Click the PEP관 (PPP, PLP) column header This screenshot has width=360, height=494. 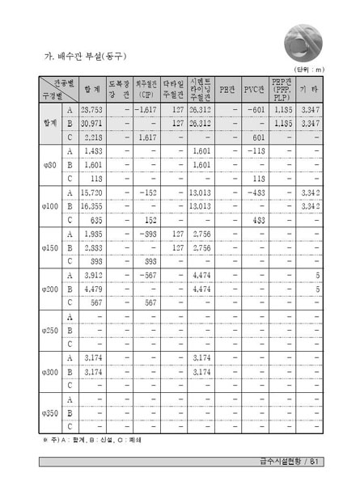coord(281,87)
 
